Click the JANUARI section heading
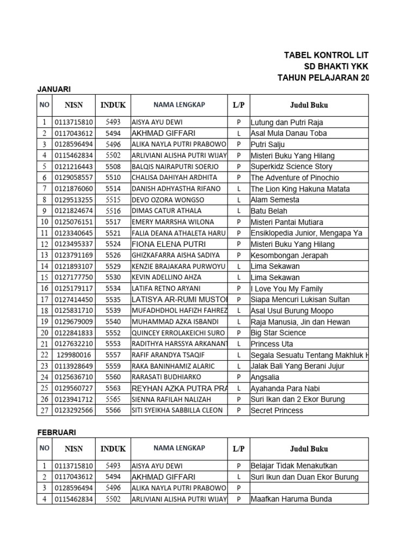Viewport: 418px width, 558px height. (x=54, y=89)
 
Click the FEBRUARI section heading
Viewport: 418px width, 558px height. (x=57, y=432)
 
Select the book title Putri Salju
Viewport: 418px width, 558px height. (x=267, y=144)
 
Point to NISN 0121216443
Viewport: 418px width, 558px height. (x=73, y=166)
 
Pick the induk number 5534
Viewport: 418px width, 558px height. (x=113, y=288)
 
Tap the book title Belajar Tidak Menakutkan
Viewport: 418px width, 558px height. (x=294, y=466)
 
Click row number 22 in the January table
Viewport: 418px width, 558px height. (x=44, y=355)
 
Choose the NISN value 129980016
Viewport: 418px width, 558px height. (x=73, y=355)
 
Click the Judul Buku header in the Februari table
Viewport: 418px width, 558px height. (x=309, y=449)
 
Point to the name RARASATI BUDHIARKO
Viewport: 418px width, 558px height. (x=166, y=377)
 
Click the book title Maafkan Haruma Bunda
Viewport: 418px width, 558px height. (x=291, y=499)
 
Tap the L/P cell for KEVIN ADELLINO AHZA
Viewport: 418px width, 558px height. (x=238, y=277)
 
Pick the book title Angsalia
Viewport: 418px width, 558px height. (x=265, y=377)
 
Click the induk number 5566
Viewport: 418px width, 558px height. (x=113, y=410)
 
